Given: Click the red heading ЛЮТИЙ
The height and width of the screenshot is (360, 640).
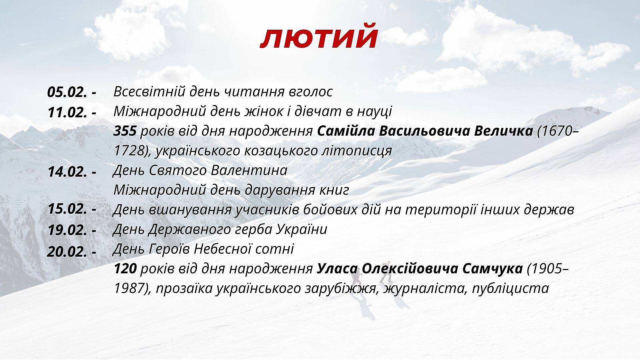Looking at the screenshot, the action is coord(319,39).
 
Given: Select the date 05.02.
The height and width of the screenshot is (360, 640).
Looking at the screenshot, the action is coord(68,92).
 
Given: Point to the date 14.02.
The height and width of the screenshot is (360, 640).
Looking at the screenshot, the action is coord(68,172).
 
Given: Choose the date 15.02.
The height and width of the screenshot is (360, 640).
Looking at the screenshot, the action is coord(68,209).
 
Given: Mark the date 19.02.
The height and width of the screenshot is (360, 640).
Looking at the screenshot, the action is coord(68,230).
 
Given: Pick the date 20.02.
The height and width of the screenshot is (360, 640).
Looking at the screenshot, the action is coord(68,251).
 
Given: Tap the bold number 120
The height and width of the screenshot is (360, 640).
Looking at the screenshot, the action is coord(125,269).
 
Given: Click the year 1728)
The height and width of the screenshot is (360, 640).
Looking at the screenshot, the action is coord(131,151).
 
